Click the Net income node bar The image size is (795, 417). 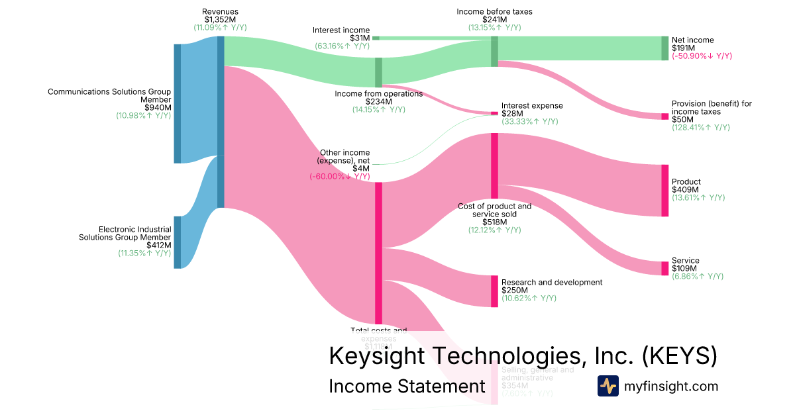pos(664,48)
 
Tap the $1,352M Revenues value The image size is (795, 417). pos(221,19)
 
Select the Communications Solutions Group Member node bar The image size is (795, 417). pos(177,103)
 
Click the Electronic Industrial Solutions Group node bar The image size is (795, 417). pos(177,242)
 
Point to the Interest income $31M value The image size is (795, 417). pos(360,38)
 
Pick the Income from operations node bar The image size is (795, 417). pos(379,72)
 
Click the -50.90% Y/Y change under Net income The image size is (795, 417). pos(702,56)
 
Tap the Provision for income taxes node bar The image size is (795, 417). pos(664,116)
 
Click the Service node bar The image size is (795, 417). pos(664,268)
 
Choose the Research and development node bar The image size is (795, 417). pos(494,291)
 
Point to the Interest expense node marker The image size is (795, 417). pos(494,113)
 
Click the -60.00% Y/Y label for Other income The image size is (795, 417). pos(339,177)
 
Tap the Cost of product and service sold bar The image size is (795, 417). pos(494,165)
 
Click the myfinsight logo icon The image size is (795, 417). pos(608,386)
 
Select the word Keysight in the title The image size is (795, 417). pos(377,355)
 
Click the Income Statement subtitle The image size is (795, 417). pos(407,387)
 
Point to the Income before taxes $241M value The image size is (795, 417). pos(494,19)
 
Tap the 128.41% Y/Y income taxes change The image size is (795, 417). pos(700,127)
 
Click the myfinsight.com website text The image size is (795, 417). pos(671,386)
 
